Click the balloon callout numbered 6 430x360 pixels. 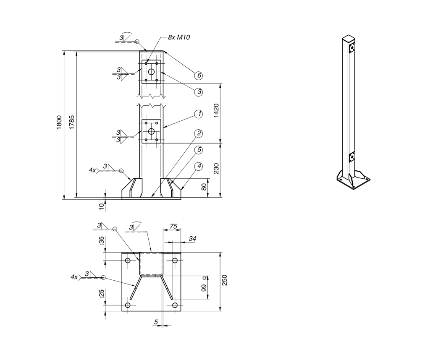tap(199, 76)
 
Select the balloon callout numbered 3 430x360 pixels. tap(199, 91)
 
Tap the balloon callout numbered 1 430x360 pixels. tap(199, 114)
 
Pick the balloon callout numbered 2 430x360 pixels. tap(199, 133)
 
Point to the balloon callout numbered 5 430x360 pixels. tap(199, 149)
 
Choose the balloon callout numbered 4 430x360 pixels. tap(199, 166)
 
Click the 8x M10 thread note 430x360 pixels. tap(179, 37)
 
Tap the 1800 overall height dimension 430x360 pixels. tap(60, 123)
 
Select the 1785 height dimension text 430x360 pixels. tap(72, 123)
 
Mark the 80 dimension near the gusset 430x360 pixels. tap(204, 187)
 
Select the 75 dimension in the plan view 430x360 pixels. tap(173, 226)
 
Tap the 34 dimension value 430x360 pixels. tap(192, 238)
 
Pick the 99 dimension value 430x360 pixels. tap(204, 288)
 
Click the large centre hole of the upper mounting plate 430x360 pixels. tap(151, 72)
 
